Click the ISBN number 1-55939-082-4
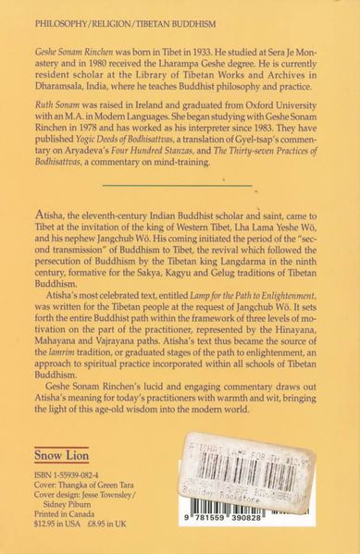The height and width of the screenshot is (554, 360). (78, 486)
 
